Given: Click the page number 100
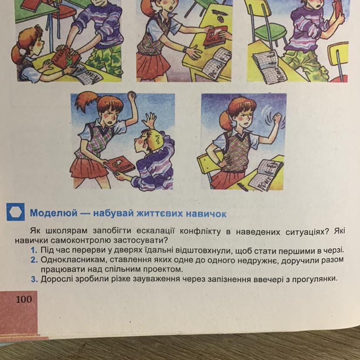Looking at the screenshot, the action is click(24, 299).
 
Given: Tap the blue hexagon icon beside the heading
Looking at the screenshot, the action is click(15, 212).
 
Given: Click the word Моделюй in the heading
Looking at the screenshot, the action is click(54, 213).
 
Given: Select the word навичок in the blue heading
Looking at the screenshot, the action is click(206, 214).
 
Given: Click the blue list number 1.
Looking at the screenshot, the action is click(34, 250).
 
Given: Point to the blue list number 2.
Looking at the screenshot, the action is click(34, 260).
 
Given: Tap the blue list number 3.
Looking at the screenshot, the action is click(34, 280).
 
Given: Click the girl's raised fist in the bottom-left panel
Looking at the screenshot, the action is click(132, 94).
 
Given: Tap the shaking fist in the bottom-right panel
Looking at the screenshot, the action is click(276, 118).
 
